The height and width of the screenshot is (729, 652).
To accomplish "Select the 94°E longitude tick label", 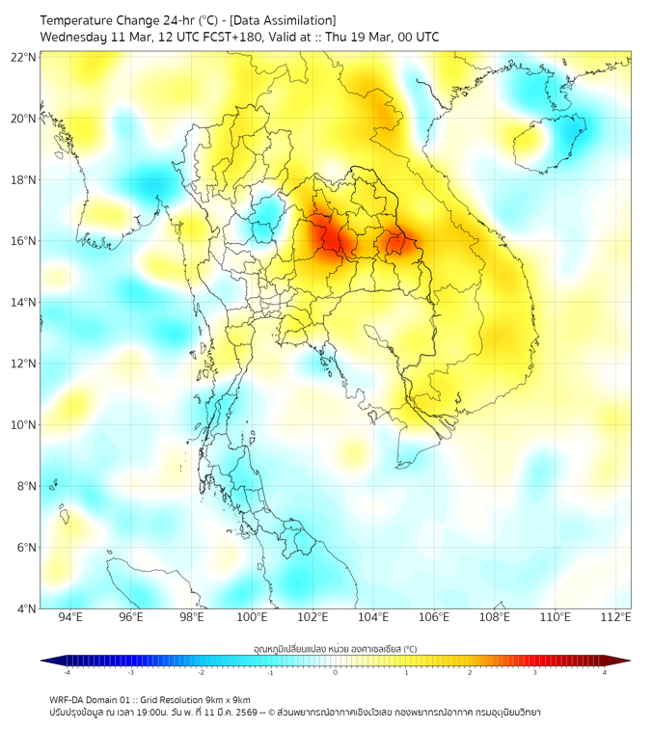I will tap(70, 617).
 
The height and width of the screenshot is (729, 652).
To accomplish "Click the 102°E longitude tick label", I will tap(313, 617).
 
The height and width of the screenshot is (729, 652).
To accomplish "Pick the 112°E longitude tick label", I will tap(616, 617).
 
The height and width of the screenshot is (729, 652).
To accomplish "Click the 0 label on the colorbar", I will tap(336, 672).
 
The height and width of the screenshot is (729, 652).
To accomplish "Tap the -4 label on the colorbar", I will tap(66, 672).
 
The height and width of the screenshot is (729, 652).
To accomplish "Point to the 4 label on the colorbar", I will tap(605, 672).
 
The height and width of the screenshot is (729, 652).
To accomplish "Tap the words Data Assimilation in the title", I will tap(282, 20).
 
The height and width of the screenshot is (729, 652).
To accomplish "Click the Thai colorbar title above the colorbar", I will tap(335, 649).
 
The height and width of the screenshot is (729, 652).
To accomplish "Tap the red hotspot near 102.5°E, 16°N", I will tap(325, 237).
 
